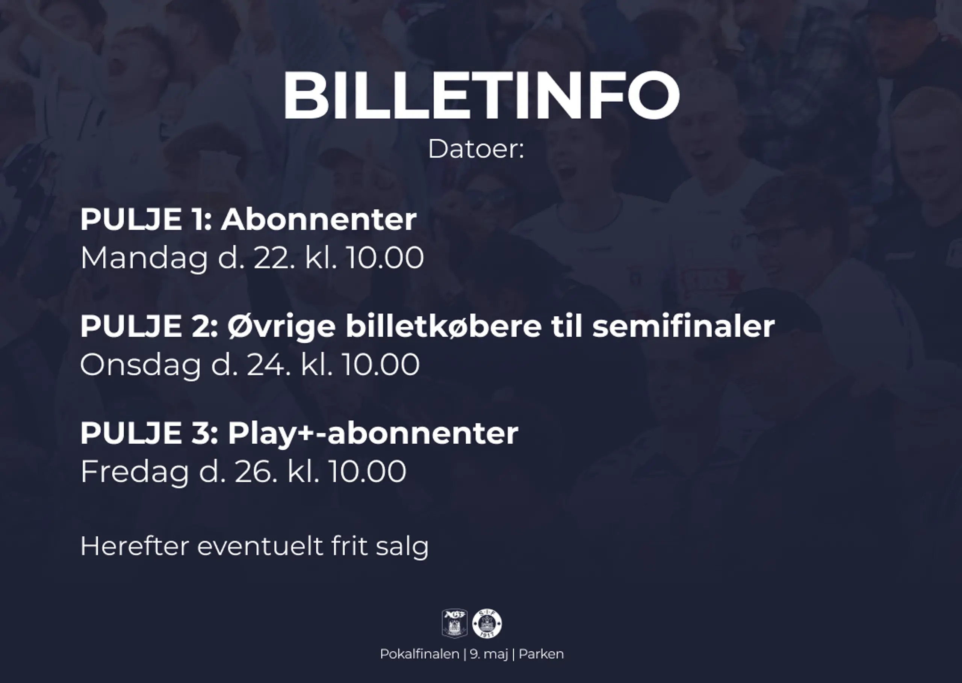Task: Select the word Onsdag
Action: click(x=141, y=365)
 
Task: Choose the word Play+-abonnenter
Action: click(x=373, y=434)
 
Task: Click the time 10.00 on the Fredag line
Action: click(x=367, y=471)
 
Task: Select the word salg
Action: click(x=402, y=547)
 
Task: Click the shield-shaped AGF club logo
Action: click(x=455, y=624)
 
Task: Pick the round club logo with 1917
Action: click(x=487, y=624)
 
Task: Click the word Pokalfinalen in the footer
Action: click(x=419, y=654)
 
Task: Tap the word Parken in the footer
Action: click(x=541, y=654)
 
